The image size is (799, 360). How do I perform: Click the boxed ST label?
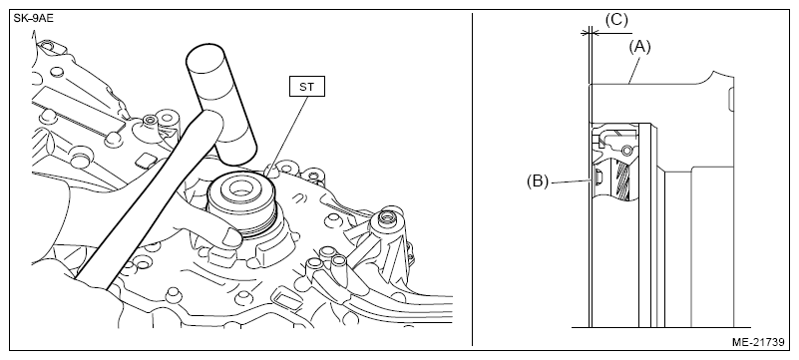(307, 87)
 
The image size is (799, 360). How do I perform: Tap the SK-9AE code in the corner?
(34, 18)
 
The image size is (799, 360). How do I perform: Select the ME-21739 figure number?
(758, 342)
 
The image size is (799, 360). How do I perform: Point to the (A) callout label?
(639, 46)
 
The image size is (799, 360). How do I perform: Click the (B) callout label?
(538, 181)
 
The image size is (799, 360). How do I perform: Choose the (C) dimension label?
(616, 20)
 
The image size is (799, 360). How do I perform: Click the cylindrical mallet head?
(221, 105)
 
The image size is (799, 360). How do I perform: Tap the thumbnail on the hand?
(232, 237)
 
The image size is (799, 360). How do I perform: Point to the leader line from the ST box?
(288, 135)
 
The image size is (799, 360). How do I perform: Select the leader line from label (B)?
(572, 180)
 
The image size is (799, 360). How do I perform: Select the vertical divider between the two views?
(473, 180)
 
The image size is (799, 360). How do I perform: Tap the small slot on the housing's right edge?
(731, 100)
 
